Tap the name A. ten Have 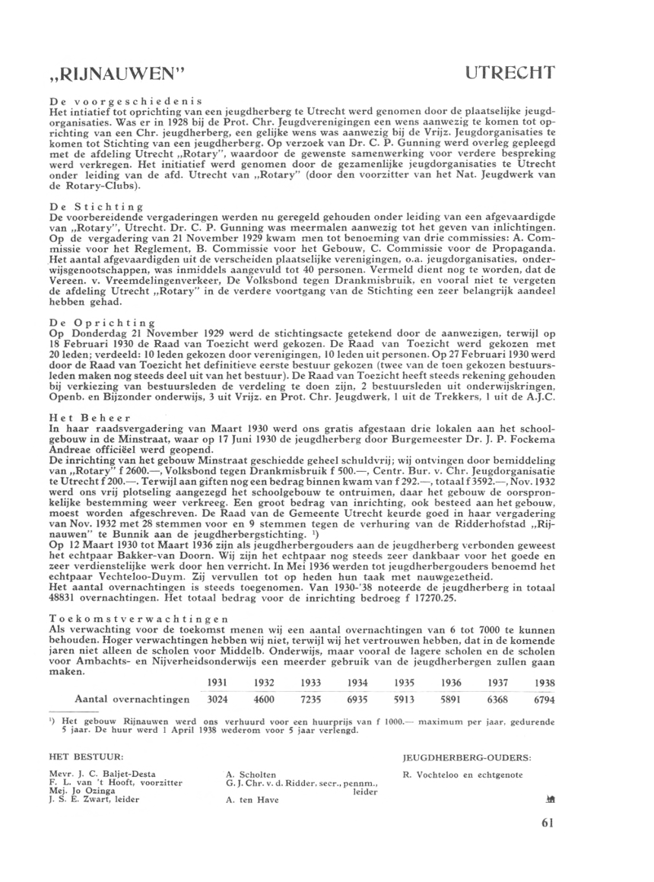coord(252,801)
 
